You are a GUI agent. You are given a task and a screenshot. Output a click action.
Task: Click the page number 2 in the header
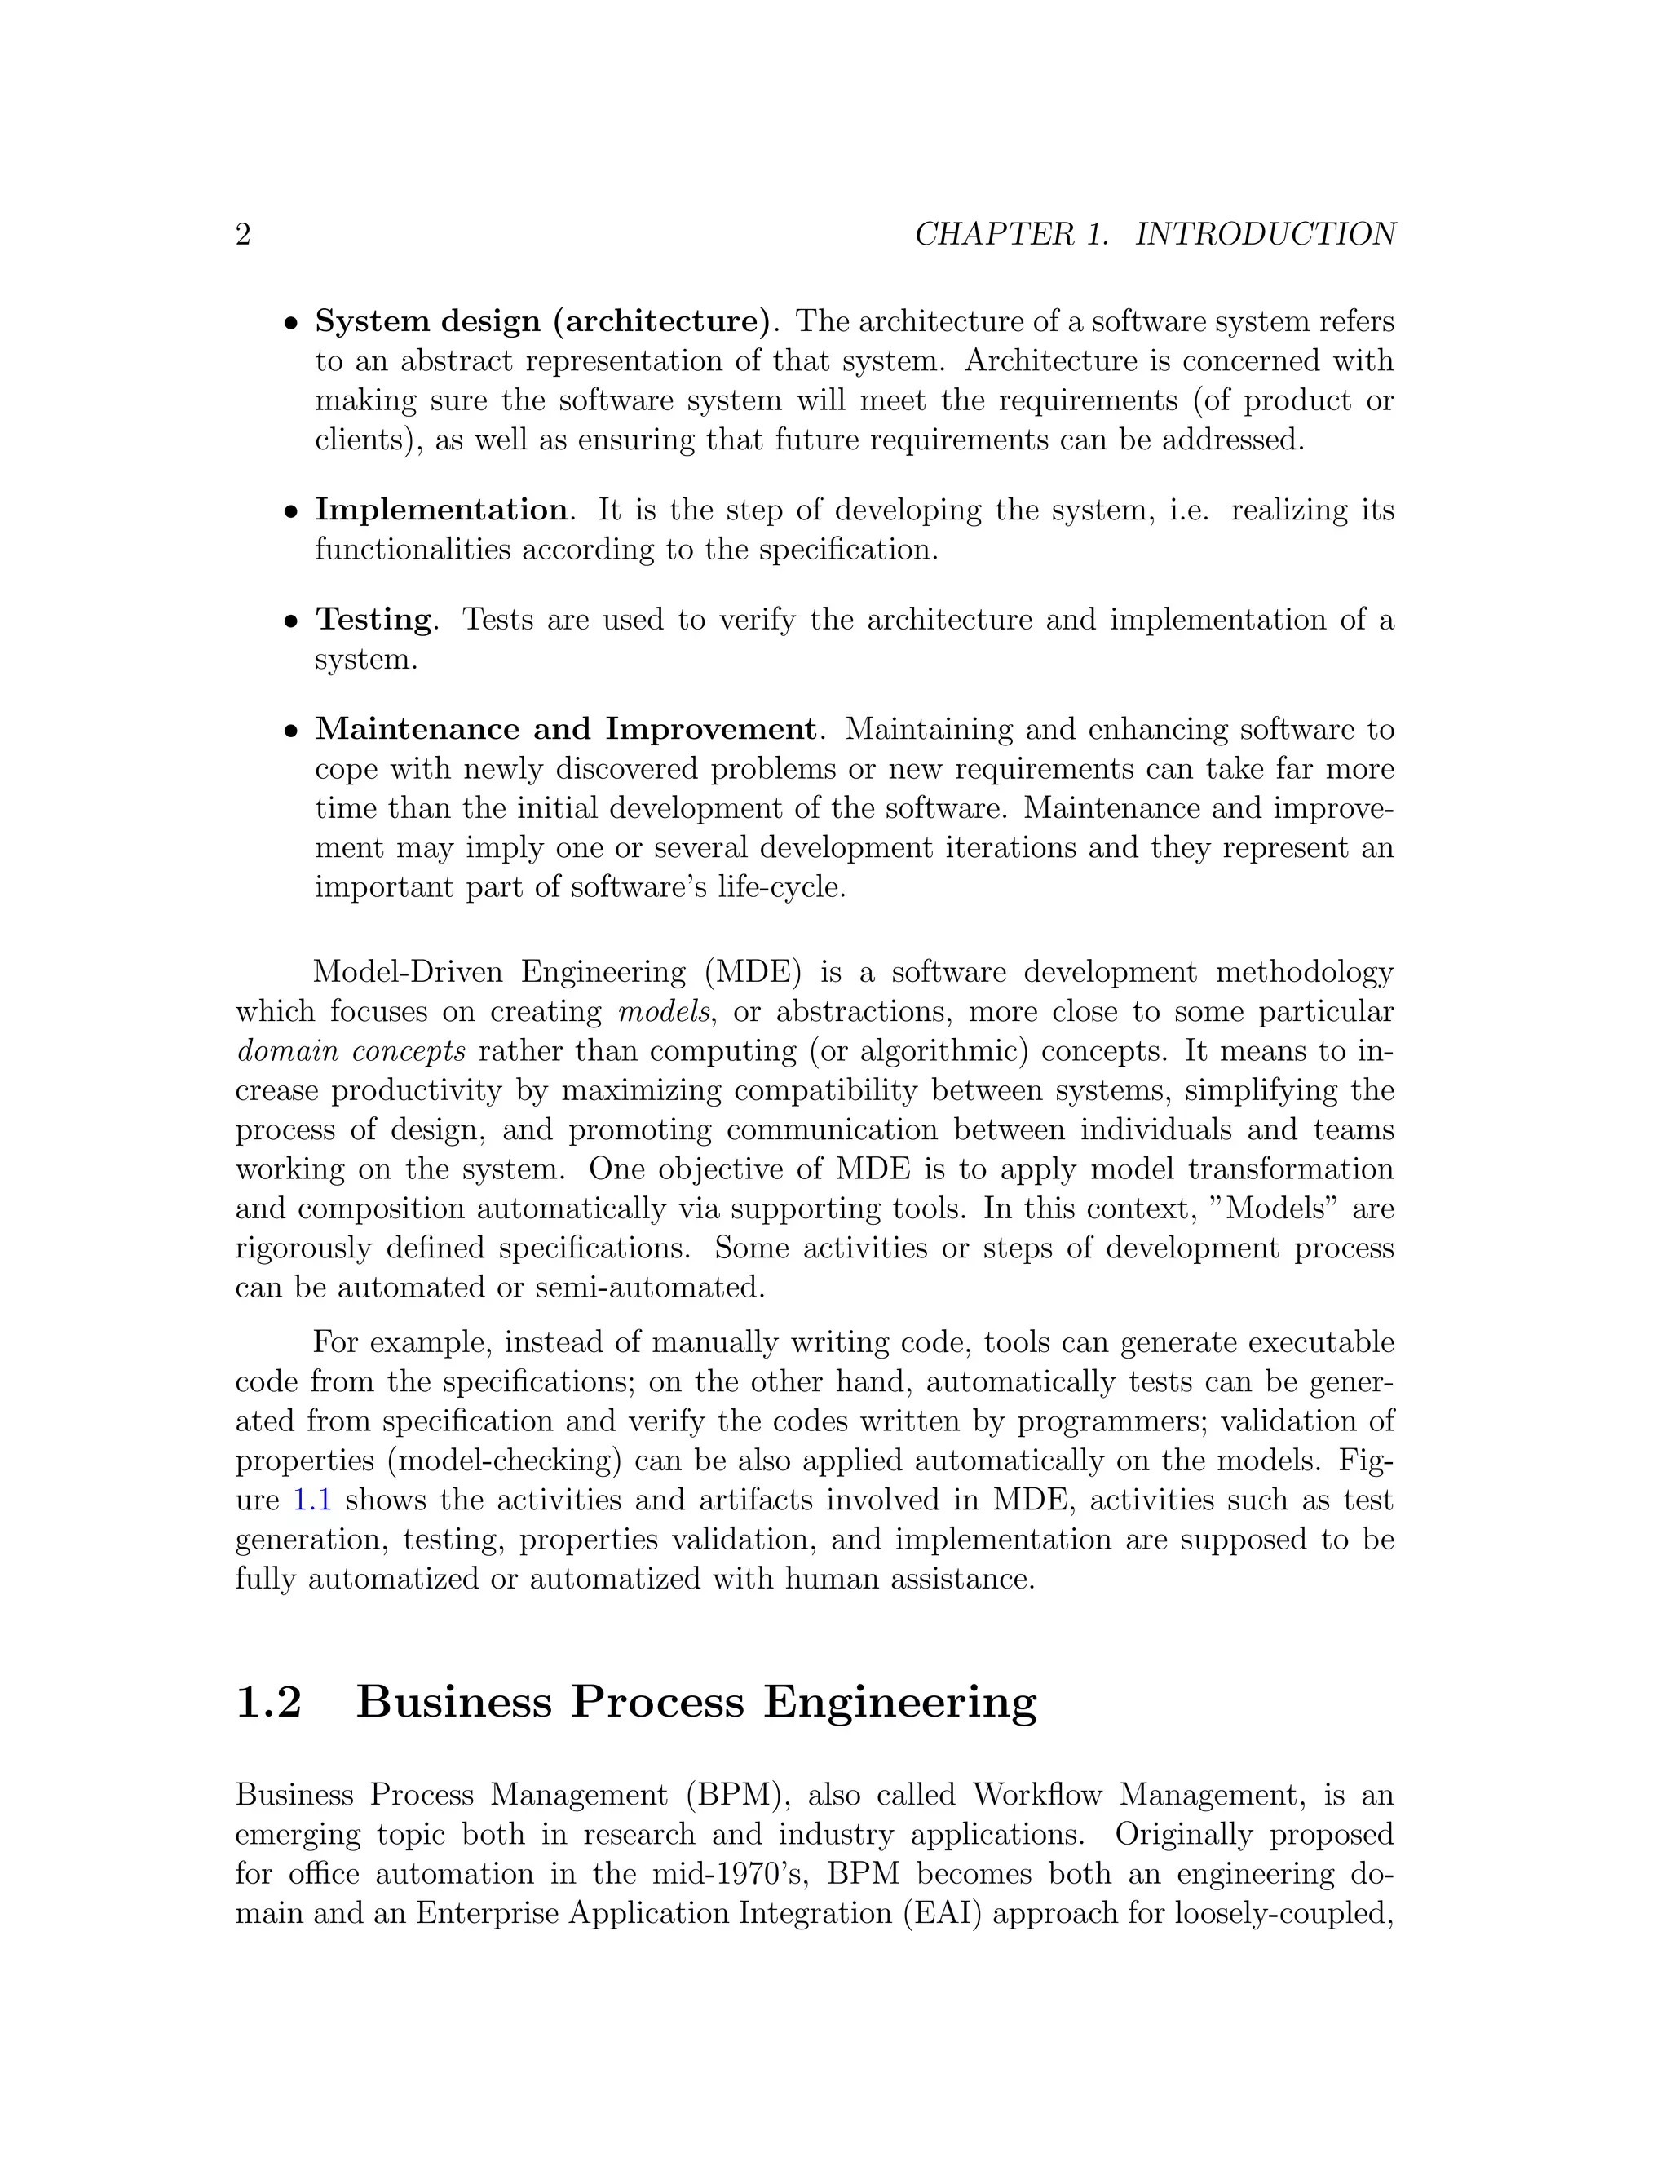(x=243, y=235)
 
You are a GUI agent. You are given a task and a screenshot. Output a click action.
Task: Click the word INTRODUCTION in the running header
(x=1266, y=235)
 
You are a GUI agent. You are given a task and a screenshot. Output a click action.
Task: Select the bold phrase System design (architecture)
(x=542, y=321)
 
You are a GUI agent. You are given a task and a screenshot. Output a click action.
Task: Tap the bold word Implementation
(x=441, y=510)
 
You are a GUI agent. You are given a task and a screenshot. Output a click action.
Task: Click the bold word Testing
(x=374, y=620)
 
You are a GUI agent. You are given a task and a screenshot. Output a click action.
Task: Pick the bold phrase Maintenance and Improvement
(x=566, y=729)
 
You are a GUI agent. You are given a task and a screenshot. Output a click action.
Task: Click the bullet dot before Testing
(x=291, y=622)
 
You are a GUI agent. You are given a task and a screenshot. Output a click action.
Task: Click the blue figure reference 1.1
(x=311, y=1500)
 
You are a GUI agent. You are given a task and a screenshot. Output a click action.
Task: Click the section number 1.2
(x=268, y=1702)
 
